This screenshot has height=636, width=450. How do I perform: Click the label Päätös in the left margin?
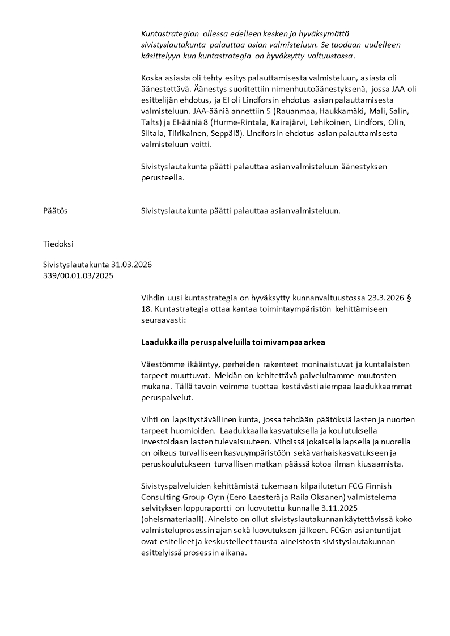55,211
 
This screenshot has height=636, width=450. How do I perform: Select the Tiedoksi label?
58,244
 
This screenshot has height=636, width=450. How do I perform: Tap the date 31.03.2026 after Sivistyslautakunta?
131,265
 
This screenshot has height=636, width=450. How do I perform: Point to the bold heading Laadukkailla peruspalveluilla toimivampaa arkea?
233,342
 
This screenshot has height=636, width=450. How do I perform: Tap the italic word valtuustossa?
331,57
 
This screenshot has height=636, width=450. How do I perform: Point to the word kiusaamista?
380,464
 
